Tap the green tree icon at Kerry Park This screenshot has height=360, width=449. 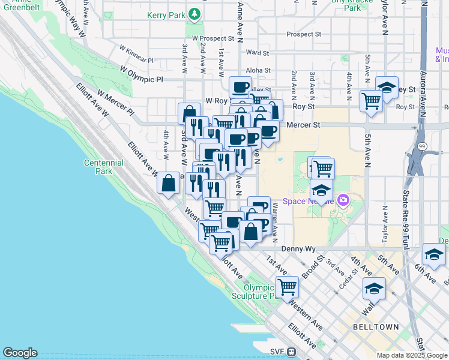(x=194, y=13)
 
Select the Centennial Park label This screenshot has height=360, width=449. (x=104, y=167)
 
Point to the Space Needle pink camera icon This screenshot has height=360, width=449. (x=343, y=200)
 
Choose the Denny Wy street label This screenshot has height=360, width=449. (x=298, y=248)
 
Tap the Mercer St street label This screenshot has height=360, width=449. (x=304, y=125)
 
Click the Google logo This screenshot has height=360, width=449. (x=20, y=353)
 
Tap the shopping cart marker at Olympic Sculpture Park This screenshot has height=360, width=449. (x=288, y=286)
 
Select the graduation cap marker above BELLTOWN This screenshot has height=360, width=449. (x=374, y=289)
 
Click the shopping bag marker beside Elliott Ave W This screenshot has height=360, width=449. (x=169, y=182)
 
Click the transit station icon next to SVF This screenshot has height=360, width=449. (x=292, y=352)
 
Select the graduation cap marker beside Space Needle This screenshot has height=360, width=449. (x=322, y=190)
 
